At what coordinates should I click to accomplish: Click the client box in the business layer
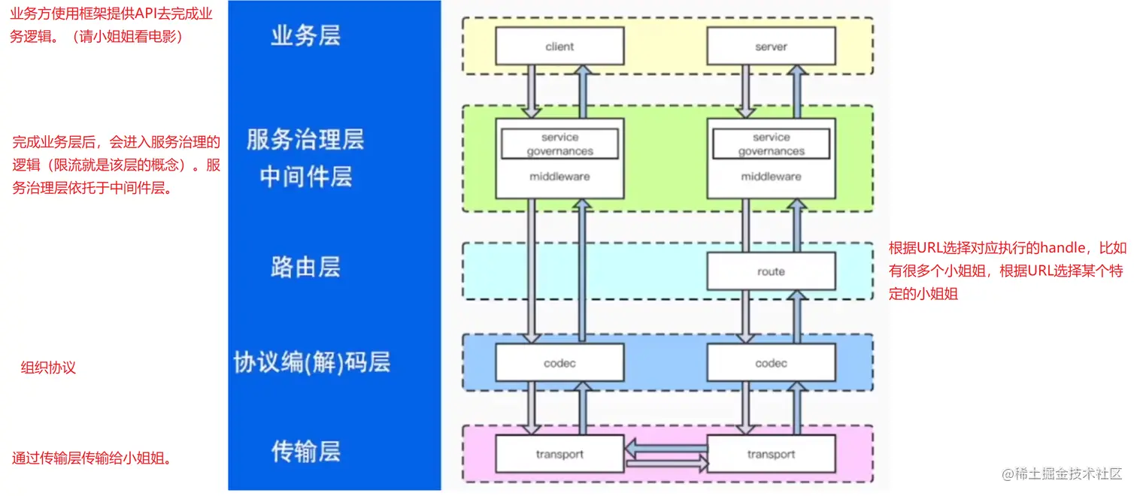pos(559,47)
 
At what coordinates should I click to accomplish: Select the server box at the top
pos(771,47)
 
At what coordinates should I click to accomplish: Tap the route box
pos(771,271)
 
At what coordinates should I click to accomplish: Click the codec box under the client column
pos(559,363)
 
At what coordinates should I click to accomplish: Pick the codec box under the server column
pos(771,363)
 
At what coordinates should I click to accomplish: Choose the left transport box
pos(559,454)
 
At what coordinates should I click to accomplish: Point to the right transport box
pos(771,454)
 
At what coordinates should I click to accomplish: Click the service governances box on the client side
pos(559,144)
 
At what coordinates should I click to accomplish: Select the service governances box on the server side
pos(771,144)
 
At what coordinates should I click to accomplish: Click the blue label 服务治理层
pos(305,139)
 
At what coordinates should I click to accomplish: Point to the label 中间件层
pos(305,177)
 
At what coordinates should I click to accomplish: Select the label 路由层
pos(305,267)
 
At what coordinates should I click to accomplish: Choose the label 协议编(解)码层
pos(312,362)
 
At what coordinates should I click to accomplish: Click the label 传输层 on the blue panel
pos(305,451)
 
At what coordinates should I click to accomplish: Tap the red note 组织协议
pos(48,368)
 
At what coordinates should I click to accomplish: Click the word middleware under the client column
pos(559,177)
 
